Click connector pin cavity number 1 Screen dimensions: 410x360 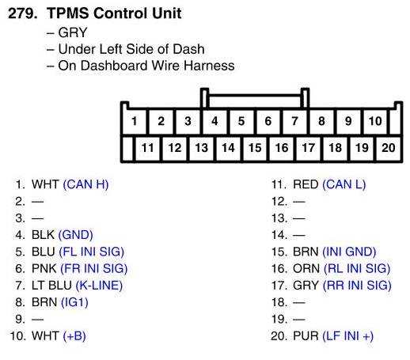pos(135,121)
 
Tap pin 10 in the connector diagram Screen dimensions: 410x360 pos(375,121)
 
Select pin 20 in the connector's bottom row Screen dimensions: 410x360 pos(389,148)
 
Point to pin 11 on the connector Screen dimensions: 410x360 pos(147,148)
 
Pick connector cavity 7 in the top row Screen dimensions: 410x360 pos(294,121)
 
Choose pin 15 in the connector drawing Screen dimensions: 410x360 pos(255,148)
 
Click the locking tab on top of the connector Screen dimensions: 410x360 pos(255,98)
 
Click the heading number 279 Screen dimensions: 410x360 pos(23,13)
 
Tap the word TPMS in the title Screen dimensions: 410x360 pos(68,13)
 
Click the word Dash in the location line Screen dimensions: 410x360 pos(189,49)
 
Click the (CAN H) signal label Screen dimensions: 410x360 pos(85,184)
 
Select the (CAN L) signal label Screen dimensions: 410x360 pos(344,184)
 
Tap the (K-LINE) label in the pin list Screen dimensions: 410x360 pos(99,286)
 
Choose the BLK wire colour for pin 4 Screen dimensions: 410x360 pos(43,235)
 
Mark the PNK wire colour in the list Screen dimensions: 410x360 pos(44,268)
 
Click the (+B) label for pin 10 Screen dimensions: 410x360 pos(74,336)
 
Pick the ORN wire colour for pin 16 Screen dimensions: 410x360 pos(306,268)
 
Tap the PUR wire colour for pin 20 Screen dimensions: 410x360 pos(306,336)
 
